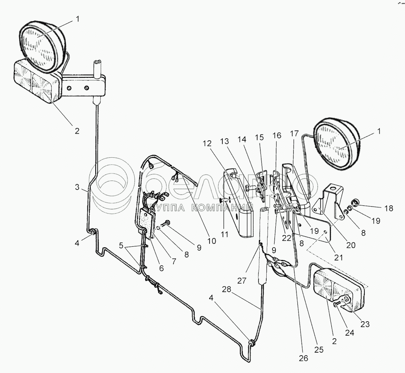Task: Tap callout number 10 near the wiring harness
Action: pyautogui.click(x=212, y=240)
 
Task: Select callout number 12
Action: pyautogui.click(x=207, y=143)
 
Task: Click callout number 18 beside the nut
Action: pyautogui.click(x=388, y=208)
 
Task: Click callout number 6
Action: pyautogui.click(x=161, y=268)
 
